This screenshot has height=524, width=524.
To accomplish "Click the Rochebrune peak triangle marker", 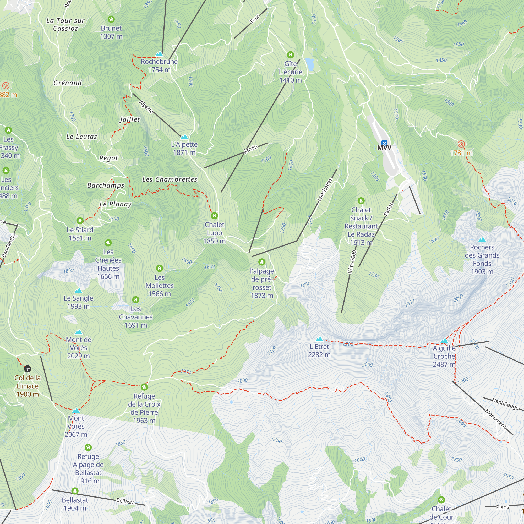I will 159,54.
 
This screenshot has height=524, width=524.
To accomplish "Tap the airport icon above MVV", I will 384,143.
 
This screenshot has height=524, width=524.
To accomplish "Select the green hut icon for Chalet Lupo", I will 214,216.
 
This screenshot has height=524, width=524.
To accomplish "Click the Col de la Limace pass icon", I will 28,369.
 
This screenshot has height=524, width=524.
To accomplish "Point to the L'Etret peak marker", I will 319,339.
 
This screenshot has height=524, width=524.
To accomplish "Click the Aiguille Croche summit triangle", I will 444,341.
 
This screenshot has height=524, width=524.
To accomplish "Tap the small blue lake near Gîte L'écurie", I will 309,64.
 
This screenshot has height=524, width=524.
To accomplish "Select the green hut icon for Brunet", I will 111,19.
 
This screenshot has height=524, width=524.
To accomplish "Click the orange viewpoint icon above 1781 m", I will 461,144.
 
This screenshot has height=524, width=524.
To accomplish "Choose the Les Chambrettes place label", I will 170,179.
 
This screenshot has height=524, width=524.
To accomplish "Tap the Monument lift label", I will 495,419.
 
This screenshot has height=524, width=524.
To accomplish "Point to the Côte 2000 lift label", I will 352,262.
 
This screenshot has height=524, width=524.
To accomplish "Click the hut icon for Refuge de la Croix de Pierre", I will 144,387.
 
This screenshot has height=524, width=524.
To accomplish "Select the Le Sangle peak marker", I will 78,291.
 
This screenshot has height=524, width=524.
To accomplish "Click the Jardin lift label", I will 251,149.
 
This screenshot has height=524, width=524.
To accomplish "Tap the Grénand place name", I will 68,83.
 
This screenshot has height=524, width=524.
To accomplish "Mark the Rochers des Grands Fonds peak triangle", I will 482,239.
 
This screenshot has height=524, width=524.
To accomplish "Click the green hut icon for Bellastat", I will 75,491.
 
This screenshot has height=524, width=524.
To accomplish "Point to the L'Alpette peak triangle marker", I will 184,137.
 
